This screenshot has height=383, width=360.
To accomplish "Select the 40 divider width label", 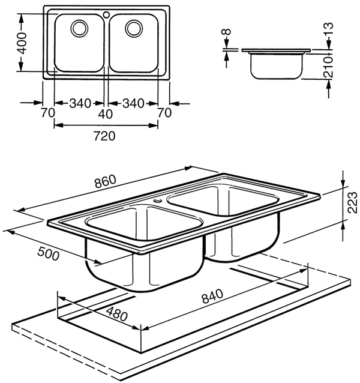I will (x=106, y=113).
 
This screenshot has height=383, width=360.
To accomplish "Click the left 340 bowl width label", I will (x=80, y=103).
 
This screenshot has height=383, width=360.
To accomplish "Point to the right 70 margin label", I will (x=164, y=113).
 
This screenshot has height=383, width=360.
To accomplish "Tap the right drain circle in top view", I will (x=134, y=28).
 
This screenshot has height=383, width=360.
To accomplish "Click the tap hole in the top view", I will (x=106, y=13).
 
